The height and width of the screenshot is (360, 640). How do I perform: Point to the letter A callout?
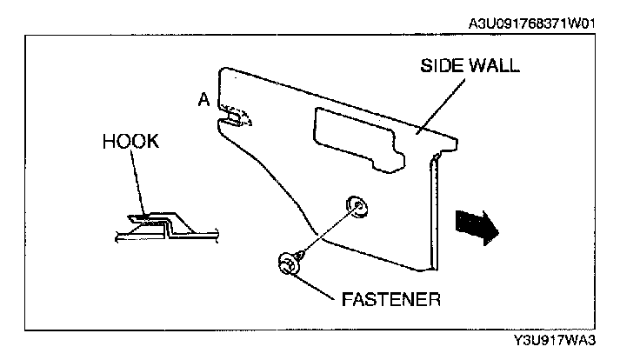click(x=203, y=100)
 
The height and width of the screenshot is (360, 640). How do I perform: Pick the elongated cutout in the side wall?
click(x=357, y=135)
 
